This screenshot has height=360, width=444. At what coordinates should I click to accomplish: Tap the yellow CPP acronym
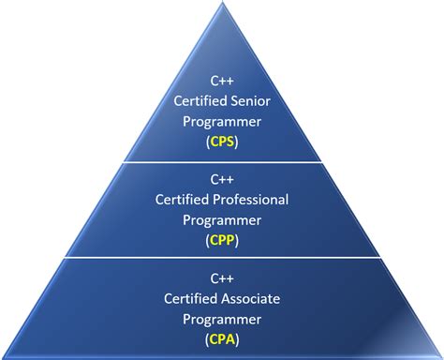222,239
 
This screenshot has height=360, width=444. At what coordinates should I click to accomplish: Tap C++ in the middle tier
222,179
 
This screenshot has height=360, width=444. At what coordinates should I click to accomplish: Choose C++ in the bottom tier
222,277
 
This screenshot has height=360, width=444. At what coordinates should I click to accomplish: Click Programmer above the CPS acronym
222,121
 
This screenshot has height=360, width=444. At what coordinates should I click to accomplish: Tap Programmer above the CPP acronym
222,218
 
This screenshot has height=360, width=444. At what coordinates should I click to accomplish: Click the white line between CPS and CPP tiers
222,161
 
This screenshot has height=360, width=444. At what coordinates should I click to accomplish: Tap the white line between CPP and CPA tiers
222,259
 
